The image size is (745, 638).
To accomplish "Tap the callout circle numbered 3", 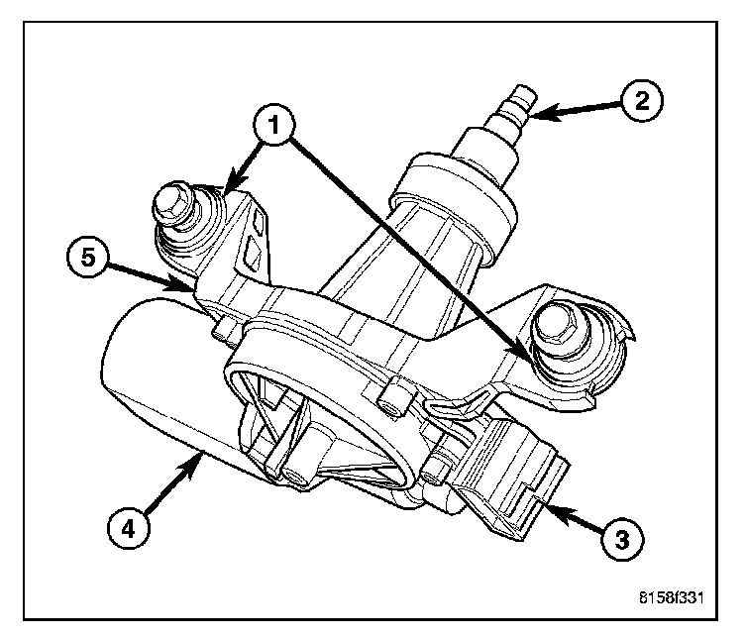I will point(620,539).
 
